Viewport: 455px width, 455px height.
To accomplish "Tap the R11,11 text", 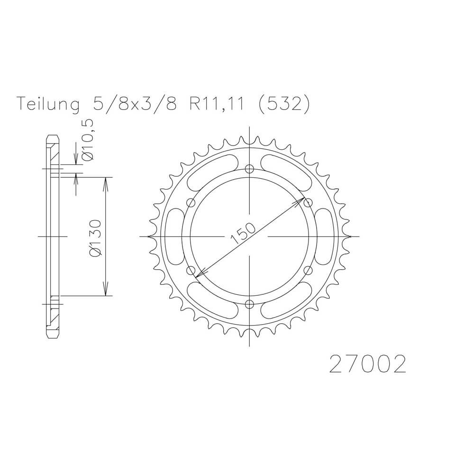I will coord(217,104).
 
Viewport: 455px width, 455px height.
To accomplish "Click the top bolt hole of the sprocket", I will coord(250,168).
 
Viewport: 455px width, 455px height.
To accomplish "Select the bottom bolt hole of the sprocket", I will coord(250,304).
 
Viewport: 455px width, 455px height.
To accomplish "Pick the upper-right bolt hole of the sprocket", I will coord(308,202).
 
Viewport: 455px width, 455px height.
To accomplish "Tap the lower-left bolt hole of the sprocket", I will coord(191,270).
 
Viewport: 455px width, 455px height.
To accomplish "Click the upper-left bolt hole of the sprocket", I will coord(191,202).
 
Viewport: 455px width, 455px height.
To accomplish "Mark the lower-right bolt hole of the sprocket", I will coord(308,270).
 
